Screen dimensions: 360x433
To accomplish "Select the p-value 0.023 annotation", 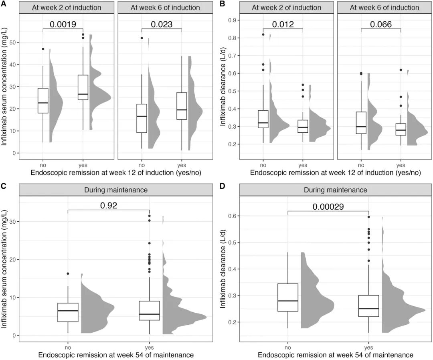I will [x=162, y=24].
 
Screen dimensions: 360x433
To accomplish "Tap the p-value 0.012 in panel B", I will [x=283, y=24].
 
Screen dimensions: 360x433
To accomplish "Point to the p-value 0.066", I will [x=381, y=24].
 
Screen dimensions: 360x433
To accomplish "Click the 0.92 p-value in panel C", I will [x=108, y=206].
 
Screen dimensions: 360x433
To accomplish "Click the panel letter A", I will [x=4, y=4].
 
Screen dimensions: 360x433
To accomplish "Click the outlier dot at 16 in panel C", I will [x=68, y=274].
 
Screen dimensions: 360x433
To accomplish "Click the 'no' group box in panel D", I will [x=288, y=297].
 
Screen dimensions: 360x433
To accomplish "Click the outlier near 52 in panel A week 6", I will [x=142, y=38].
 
